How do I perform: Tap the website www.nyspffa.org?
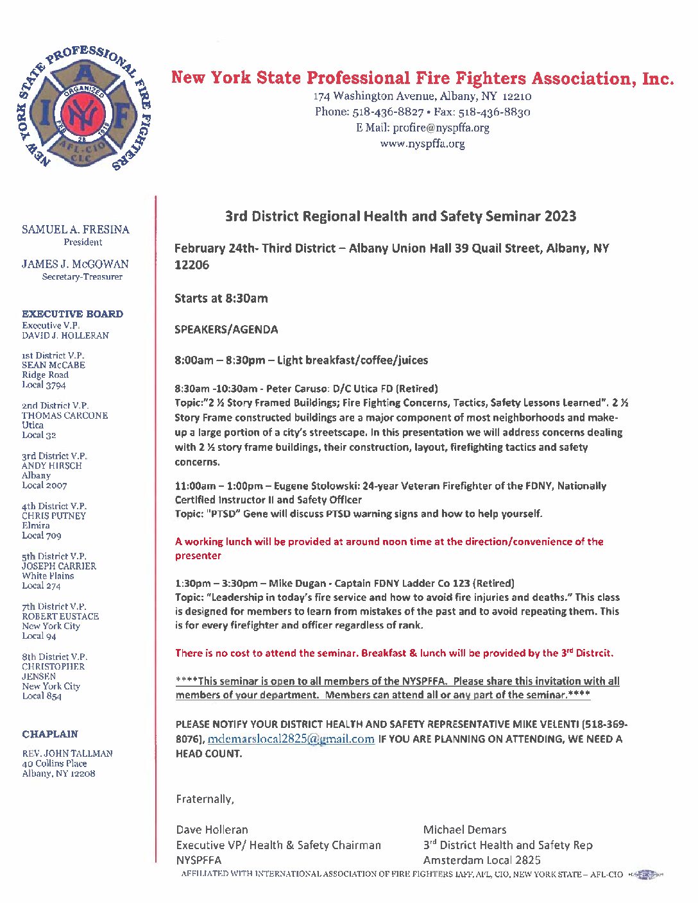422,144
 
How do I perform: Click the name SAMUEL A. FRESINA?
76,230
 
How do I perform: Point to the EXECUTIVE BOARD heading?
72,314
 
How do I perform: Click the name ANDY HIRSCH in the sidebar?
52,466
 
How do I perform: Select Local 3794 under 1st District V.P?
44,385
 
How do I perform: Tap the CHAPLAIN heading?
50,734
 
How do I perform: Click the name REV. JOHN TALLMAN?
67,754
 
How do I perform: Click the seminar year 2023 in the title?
560,216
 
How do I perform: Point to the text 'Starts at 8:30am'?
221,298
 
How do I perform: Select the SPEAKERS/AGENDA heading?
226,330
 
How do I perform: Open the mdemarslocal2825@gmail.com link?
291,739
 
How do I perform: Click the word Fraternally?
205,799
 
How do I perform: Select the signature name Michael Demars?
464,830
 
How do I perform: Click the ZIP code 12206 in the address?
192,265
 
